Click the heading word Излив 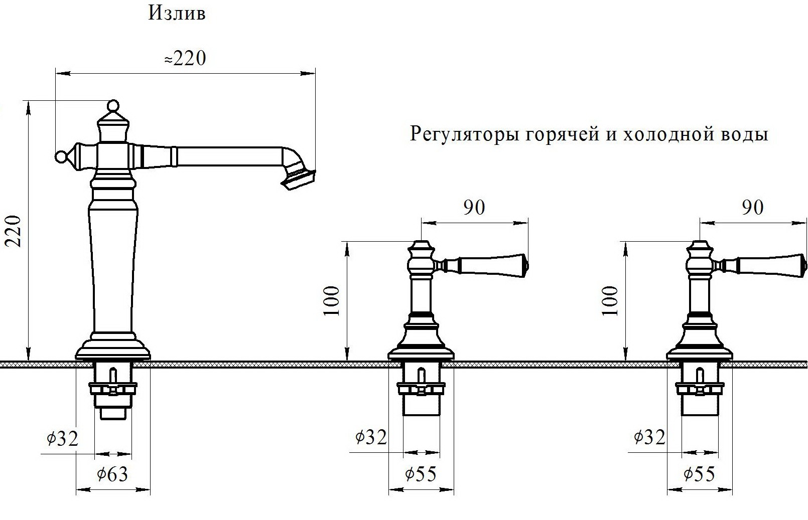point(177,14)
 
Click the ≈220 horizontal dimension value point(185,59)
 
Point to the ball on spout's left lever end point(61,157)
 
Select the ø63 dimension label point(112,474)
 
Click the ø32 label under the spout point(63,439)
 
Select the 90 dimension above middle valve point(474,208)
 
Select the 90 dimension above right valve point(752,208)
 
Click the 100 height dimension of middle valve point(332,301)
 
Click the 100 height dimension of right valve point(610,301)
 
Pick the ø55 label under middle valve point(421,473)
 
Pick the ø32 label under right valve point(649,437)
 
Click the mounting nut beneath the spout point(112,389)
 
